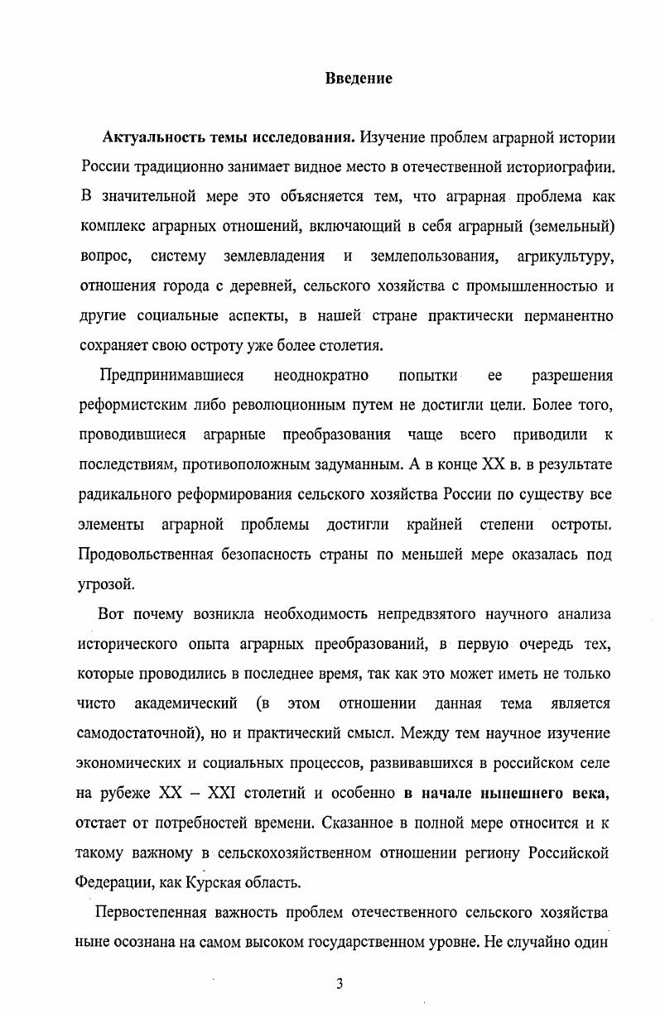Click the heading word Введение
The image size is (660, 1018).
click(359, 79)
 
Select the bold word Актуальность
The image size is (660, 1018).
click(153, 137)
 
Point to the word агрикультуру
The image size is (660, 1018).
click(565, 257)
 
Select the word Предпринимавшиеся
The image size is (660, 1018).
click(171, 375)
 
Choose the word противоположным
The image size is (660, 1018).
click(301, 464)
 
